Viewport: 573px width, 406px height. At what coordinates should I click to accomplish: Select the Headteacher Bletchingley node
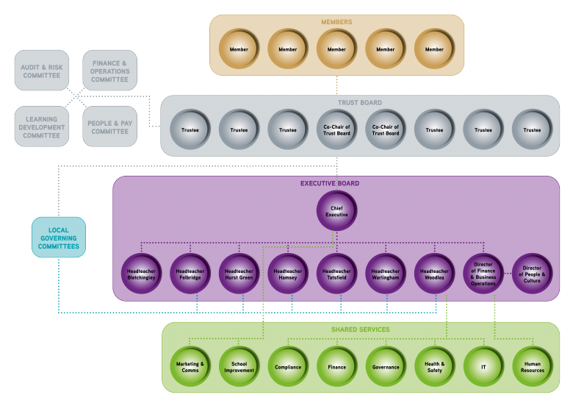(141, 274)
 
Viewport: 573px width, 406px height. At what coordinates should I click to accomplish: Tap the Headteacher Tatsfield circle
(336, 274)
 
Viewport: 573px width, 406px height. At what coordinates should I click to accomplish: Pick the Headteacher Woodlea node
(434, 274)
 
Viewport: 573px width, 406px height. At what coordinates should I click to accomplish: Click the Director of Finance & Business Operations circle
(483, 274)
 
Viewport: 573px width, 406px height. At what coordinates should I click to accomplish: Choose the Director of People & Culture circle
(532, 274)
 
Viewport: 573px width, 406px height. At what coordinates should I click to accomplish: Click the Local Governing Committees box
(59, 237)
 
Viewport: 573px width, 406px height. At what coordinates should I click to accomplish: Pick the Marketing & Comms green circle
(190, 366)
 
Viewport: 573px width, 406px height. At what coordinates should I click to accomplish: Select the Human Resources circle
(532, 366)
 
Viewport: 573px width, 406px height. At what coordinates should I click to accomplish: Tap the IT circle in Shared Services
(483, 366)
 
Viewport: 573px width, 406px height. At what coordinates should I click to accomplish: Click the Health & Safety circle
(434, 366)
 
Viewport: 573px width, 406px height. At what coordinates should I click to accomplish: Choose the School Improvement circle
(239, 366)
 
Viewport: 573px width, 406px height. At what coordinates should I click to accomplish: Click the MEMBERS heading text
(336, 22)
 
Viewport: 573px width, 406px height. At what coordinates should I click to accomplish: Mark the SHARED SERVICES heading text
(360, 330)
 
